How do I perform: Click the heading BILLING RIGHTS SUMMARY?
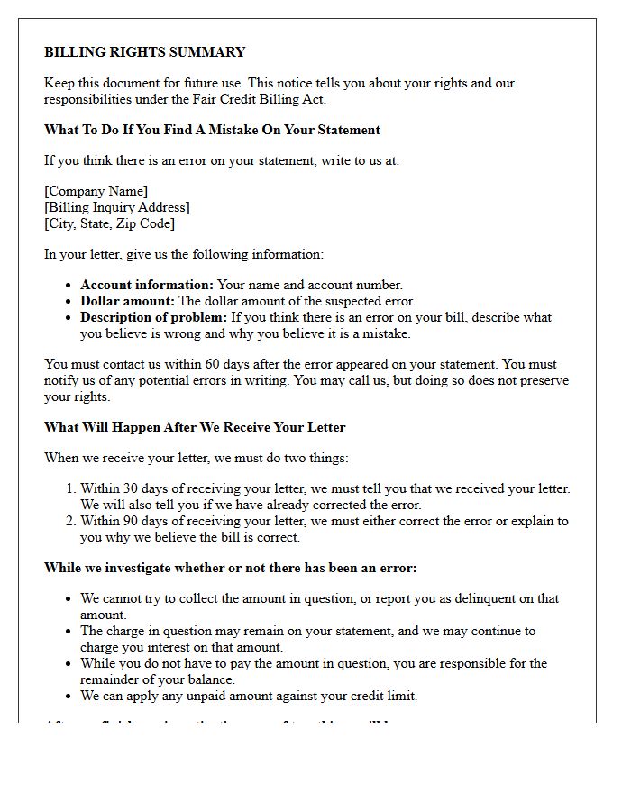click(144, 52)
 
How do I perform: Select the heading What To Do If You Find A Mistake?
click(212, 130)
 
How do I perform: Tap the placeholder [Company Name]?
click(96, 191)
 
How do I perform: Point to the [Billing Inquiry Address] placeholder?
click(117, 207)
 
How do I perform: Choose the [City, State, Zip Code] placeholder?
click(109, 223)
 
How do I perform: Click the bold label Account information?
click(147, 285)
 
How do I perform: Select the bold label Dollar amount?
click(128, 301)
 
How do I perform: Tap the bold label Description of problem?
click(154, 317)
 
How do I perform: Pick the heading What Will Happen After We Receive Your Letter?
click(195, 427)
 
